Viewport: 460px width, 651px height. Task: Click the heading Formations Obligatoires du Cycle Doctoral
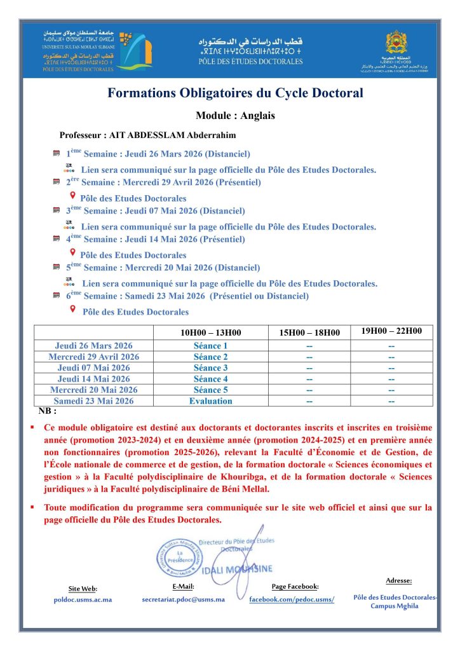pos(235,93)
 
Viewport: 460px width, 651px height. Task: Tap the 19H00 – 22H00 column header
pos(391,331)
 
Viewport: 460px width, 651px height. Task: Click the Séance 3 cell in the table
pos(210,368)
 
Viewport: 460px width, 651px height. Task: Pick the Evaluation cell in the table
pos(210,401)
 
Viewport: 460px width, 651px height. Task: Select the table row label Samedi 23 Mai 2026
pos(93,401)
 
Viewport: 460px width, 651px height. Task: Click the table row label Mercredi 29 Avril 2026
pos(93,357)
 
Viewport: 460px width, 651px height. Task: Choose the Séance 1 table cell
pos(210,346)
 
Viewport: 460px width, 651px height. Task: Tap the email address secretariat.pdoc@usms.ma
pos(183,600)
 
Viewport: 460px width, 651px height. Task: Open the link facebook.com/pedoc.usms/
pos(291,600)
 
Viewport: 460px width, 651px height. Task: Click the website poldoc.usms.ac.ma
pos(83,600)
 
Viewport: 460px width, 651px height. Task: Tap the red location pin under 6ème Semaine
pos(73,309)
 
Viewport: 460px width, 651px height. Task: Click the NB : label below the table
pos(47,411)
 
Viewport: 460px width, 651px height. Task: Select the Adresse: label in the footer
pos(398,580)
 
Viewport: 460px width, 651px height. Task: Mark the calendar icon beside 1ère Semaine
pos(56,154)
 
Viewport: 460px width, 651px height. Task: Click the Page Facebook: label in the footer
pos(295,586)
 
